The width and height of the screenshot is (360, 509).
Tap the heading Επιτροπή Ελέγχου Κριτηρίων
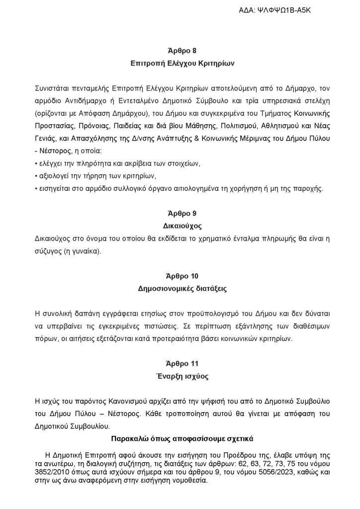coord(180,64)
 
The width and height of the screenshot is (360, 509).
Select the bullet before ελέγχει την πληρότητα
coord(36,164)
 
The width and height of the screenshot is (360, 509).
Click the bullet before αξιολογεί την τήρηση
coord(36,176)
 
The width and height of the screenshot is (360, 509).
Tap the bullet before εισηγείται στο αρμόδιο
coord(36,188)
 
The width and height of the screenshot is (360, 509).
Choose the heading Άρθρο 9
coord(180,214)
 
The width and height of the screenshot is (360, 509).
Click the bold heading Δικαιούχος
coord(180,226)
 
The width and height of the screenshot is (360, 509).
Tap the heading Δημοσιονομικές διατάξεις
coord(180,288)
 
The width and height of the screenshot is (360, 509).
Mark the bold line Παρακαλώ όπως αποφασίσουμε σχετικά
coord(180,438)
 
